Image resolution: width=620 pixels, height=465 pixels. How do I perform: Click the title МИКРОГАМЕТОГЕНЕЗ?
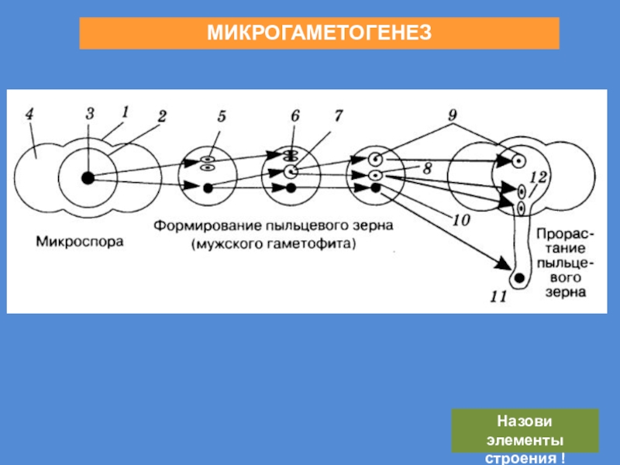[319, 34]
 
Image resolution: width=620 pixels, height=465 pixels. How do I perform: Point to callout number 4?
[29, 114]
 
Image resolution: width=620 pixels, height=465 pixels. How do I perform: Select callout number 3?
[90, 113]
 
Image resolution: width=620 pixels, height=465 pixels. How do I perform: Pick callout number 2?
[161, 116]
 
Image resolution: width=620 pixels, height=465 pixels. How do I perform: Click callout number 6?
[294, 115]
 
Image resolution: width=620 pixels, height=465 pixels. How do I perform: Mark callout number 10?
[460, 220]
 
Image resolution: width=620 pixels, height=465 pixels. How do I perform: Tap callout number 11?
[498, 295]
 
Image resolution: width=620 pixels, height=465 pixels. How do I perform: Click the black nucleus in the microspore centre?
[88, 178]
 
